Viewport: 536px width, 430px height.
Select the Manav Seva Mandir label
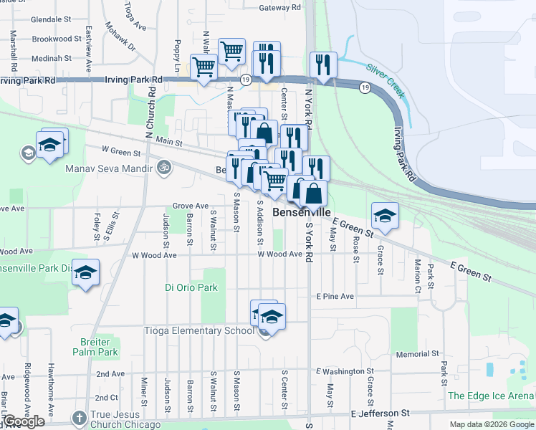point(110,169)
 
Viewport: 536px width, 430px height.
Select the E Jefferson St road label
point(380,414)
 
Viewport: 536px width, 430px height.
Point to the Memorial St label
point(421,355)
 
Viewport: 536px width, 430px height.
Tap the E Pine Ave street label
point(335,296)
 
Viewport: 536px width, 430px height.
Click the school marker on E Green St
point(385,216)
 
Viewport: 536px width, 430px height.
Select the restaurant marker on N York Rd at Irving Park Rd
point(323,65)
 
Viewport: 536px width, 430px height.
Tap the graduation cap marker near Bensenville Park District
point(85,272)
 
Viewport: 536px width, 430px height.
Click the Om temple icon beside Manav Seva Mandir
point(164,168)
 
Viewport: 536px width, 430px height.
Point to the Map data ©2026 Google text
point(491,424)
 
